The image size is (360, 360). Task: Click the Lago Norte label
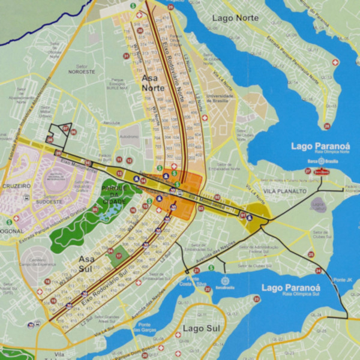(x=235, y=18)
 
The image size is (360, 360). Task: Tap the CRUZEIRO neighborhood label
(x=16, y=186)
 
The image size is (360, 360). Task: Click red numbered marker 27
(x=308, y=171)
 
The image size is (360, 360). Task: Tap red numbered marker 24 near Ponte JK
(x=319, y=271)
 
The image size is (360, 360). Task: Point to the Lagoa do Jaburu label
(x=317, y=206)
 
